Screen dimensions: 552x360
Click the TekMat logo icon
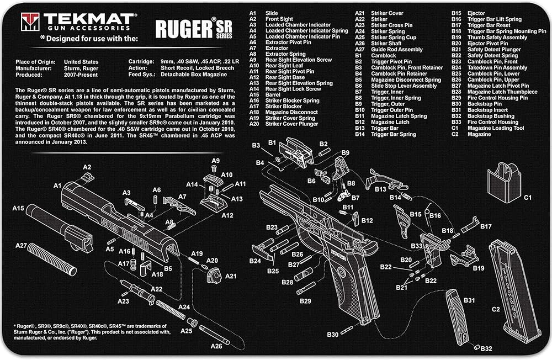pyautogui.click(x=30, y=22)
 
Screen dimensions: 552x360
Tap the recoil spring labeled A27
pyautogui.click(x=52, y=259)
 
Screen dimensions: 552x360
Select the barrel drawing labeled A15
pyautogui.click(x=59, y=227)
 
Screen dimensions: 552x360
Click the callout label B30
pyautogui.click(x=333, y=334)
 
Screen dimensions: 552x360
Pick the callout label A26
pyautogui.click(x=216, y=346)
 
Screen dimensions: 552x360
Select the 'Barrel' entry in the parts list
pyautogui.click(x=273, y=94)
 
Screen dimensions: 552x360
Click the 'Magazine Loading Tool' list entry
pyautogui.click(x=496, y=128)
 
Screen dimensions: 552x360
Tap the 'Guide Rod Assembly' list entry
pyautogui.click(x=397, y=49)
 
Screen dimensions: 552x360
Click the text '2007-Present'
pyautogui.click(x=81, y=75)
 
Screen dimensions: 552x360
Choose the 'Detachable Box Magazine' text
pyautogui.click(x=194, y=75)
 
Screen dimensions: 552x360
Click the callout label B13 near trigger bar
pyautogui.click(x=380, y=189)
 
